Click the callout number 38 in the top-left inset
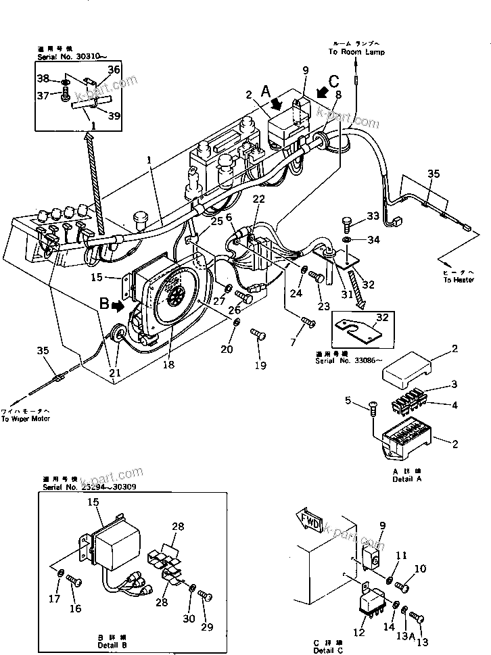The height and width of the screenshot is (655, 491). pos(42,80)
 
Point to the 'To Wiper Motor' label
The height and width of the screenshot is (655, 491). pos(25,418)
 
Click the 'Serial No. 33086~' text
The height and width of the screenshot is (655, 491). pos(344,360)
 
